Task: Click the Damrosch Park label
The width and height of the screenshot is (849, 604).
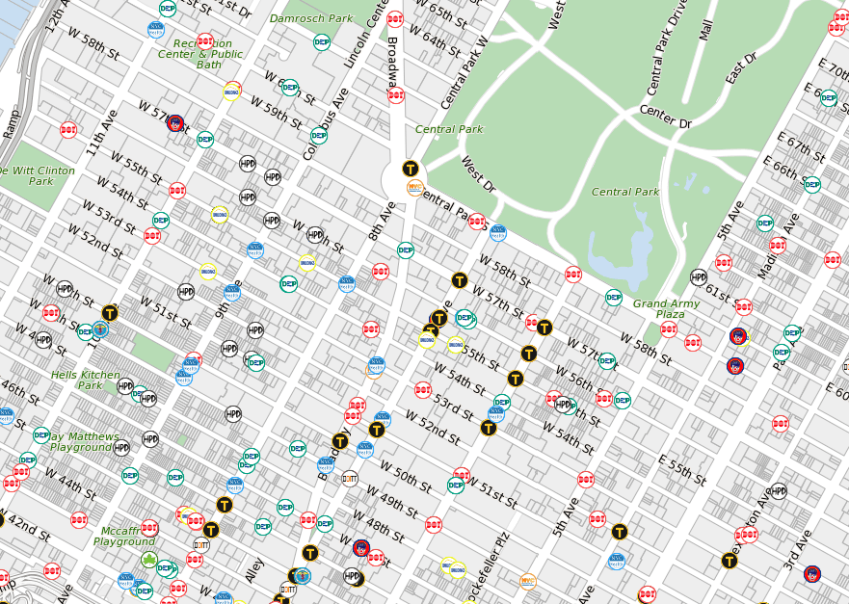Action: (x=311, y=18)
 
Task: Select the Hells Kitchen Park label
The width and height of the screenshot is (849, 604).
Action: (x=76, y=380)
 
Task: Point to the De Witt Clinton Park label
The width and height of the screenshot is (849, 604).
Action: (x=39, y=175)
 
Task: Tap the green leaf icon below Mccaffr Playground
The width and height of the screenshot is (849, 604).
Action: (x=149, y=559)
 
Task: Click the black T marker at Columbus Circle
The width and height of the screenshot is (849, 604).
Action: (x=411, y=168)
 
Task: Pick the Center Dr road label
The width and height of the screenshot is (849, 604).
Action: (x=666, y=117)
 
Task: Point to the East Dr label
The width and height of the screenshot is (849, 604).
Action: (x=742, y=66)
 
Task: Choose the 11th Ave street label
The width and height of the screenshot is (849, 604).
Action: (x=101, y=132)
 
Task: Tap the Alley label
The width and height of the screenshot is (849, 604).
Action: (x=254, y=568)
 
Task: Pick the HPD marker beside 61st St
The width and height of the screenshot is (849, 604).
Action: (x=699, y=277)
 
